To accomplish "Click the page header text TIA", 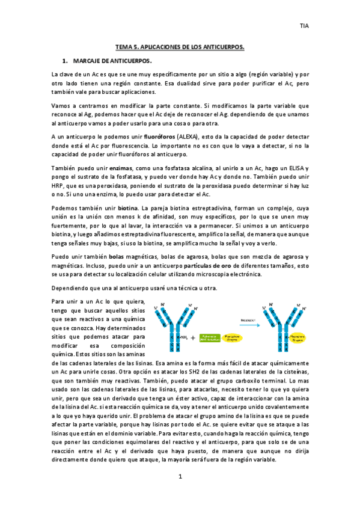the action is click(x=305, y=26).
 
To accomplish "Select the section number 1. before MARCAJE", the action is click(x=65, y=61).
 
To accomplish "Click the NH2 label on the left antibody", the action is click(x=182, y=339).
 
